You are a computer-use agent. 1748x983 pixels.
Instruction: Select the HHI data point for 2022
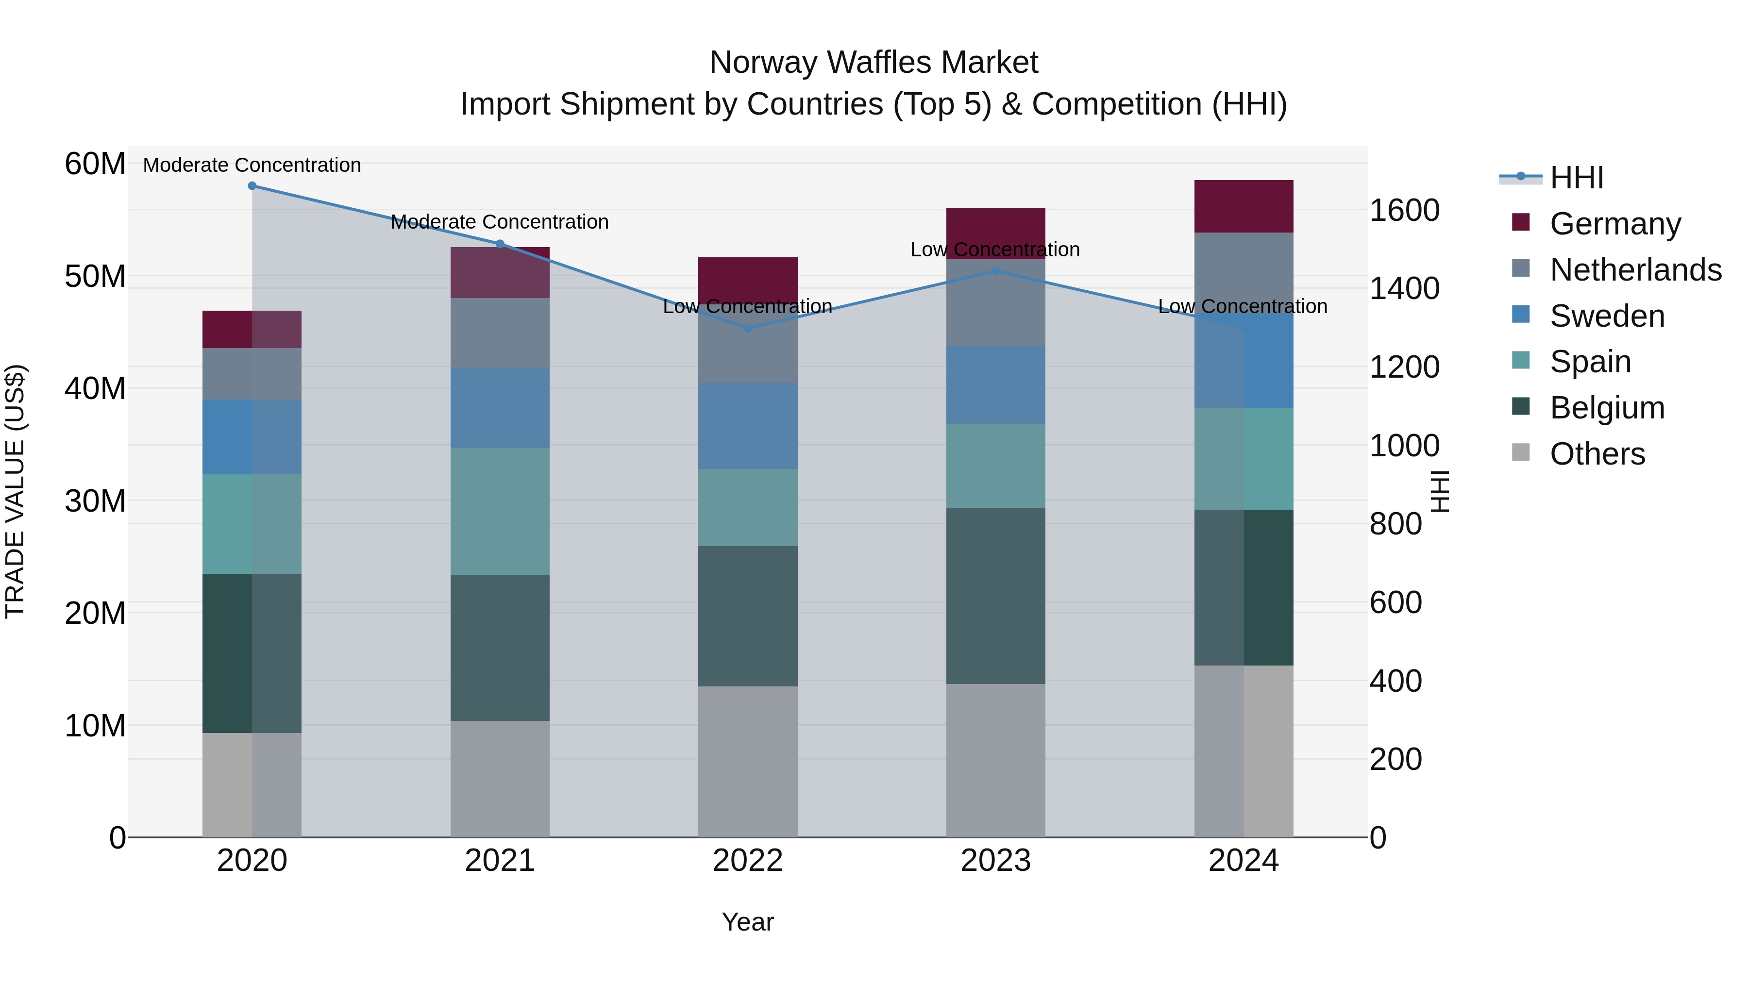point(748,328)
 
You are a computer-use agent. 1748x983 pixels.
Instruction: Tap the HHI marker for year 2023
point(995,271)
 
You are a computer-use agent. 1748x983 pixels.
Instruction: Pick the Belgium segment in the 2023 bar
point(995,596)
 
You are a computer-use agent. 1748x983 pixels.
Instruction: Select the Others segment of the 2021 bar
point(500,779)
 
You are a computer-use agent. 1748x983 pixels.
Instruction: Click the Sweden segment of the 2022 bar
point(748,426)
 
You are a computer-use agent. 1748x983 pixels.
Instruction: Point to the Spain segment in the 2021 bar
point(500,512)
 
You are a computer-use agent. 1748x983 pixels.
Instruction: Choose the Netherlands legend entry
point(1635,270)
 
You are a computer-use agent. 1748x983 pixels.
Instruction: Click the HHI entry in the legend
point(1576,178)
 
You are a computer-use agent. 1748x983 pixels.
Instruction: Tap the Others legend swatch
point(1521,452)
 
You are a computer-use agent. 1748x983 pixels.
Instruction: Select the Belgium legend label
point(1607,408)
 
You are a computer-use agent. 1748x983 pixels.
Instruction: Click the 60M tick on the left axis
point(95,164)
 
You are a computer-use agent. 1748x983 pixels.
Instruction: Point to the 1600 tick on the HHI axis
point(1404,210)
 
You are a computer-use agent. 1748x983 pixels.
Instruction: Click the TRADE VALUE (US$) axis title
point(15,491)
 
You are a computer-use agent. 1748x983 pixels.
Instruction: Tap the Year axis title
point(748,922)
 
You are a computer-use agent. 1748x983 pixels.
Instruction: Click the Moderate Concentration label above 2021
point(500,222)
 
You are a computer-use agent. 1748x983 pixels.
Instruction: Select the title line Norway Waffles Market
point(874,63)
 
